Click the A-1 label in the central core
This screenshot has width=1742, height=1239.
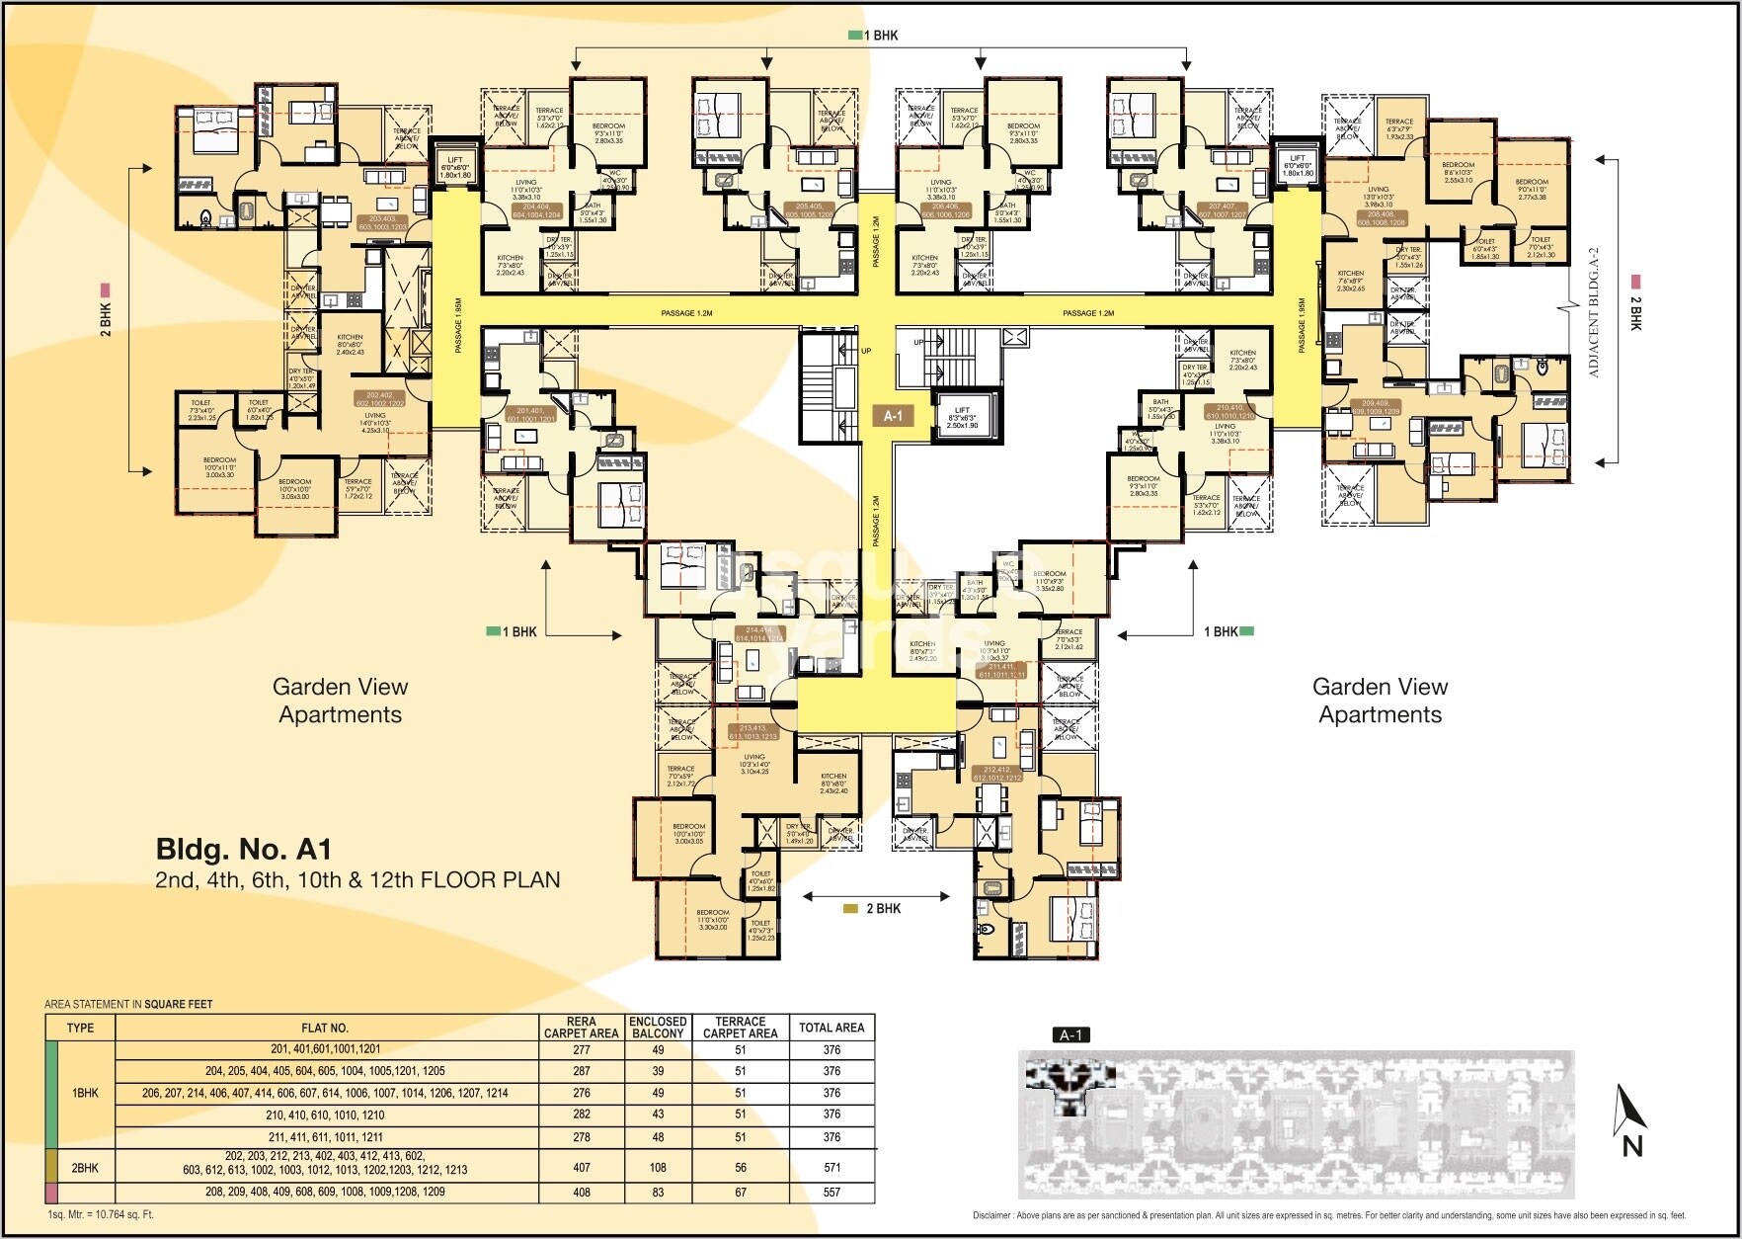(x=893, y=416)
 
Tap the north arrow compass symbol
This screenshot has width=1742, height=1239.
(x=1629, y=1120)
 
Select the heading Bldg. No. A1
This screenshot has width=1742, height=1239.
(x=244, y=850)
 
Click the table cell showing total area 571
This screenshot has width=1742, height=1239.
(x=831, y=1167)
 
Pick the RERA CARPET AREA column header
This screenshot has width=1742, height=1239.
(x=581, y=1028)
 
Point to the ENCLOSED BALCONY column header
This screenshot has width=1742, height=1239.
(x=658, y=1028)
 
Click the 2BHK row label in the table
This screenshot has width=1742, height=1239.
(x=85, y=1168)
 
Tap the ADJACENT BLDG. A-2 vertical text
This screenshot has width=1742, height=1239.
(x=1593, y=313)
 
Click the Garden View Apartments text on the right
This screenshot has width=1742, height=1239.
(x=1380, y=701)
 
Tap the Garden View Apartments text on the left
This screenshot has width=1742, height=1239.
(x=340, y=701)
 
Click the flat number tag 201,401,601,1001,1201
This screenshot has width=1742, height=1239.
(x=530, y=414)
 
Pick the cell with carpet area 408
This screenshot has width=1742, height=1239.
(x=581, y=1193)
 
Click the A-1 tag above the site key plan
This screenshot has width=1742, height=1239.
(x=1070, y=1034)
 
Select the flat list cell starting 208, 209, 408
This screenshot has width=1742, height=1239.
(x=325, y=1193)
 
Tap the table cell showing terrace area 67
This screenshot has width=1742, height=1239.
(x=740, y=1193)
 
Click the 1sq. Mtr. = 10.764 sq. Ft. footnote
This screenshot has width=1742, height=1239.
(x=101, y=1214)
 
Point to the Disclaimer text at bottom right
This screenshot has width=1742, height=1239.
(x=1328, y=1215)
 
